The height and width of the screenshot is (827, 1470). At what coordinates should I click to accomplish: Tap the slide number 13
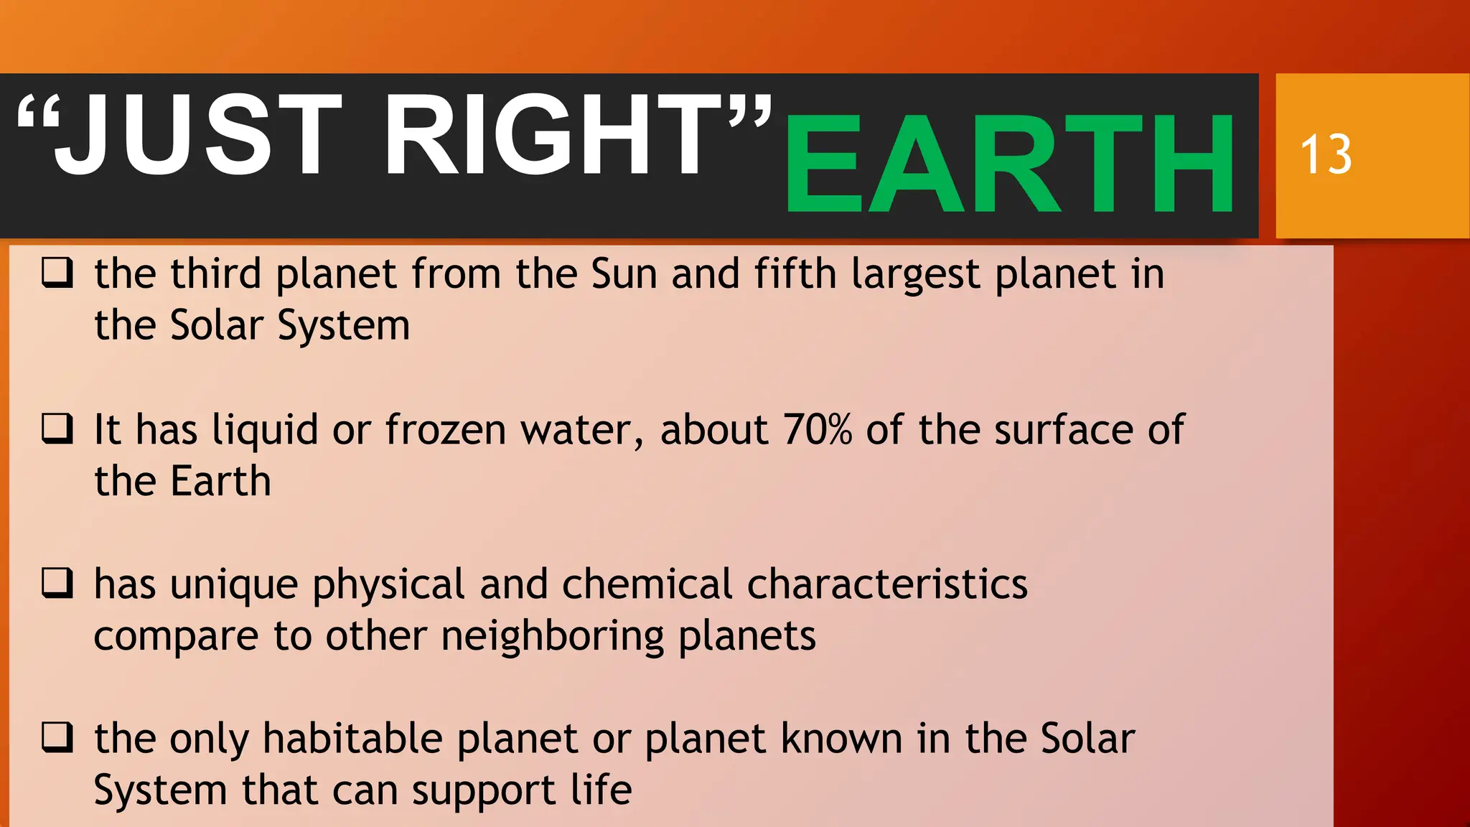(x=1326, y=154)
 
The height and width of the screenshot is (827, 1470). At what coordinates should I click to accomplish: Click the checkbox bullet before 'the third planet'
(x=57, y=274)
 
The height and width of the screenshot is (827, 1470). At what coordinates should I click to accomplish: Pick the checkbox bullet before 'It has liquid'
(x=57, y=429)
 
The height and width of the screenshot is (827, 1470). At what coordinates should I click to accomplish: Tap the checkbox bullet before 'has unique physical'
(x=57, y=583)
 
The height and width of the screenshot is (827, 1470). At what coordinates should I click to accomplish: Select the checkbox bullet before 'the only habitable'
(x=57, y=737)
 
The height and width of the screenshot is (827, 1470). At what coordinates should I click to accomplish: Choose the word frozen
(x=446, y=429)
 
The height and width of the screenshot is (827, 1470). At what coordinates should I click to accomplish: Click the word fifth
(x=795, y=274)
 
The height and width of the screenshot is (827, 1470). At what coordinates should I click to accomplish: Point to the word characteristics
(x=887, y=584)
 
